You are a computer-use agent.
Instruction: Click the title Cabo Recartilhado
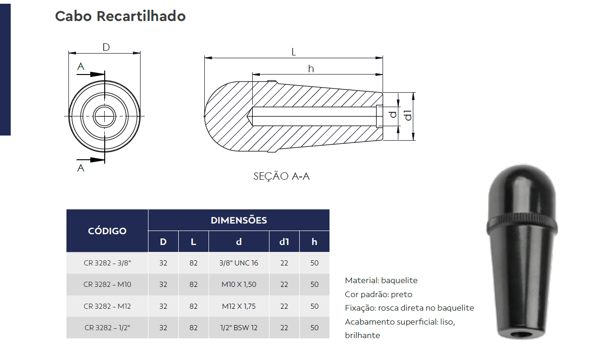(x=120, y=16)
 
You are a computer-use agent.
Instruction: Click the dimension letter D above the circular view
(x=106, y=47)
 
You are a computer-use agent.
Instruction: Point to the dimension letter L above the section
(x=293, y=52)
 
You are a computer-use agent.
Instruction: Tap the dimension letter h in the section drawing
(x=311, y=69)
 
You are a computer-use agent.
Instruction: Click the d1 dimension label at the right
(x=408, y=115)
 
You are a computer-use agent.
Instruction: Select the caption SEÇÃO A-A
(x=282, y=176)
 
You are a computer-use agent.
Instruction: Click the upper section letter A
(x=81, y=67)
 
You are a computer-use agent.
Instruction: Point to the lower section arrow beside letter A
(x=91, y=160)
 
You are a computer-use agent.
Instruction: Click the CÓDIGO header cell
(x=107, y=231)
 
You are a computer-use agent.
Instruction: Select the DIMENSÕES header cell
(x=239, y=220)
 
